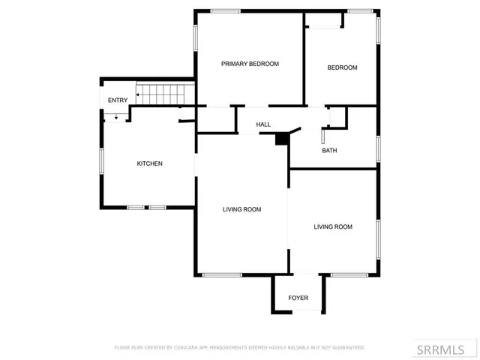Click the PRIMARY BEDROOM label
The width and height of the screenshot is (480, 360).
[250, 64]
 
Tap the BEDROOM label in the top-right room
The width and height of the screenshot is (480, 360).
[342, 67]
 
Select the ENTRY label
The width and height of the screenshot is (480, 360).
[117, 100]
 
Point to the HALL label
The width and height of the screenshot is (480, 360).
[263, 124]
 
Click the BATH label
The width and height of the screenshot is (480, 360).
[329, 150]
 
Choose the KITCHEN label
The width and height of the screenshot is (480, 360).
[149, 163]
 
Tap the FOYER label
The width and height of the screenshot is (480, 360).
[298, 298]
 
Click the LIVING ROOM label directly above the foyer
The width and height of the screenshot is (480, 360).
[333, 226]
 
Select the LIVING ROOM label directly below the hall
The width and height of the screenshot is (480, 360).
[241, 209]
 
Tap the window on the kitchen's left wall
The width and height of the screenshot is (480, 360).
[101, 160]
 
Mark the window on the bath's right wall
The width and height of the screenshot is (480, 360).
[378, 148]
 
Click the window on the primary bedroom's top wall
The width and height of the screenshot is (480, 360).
[225, 10]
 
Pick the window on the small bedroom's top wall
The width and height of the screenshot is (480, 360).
[360, 10]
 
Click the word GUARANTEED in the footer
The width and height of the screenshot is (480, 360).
[349, 348]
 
